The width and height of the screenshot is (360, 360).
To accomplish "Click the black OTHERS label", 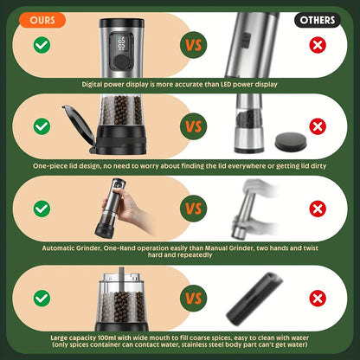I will pos(318,19).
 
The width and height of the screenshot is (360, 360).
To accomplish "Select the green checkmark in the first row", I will pos(41,44).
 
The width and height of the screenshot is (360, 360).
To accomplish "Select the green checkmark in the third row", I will pos(41,209).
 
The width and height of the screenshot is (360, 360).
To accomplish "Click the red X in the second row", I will pos(318,125).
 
